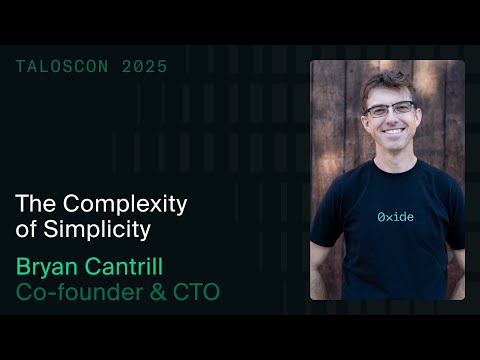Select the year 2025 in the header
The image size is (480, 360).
145,67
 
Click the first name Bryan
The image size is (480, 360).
48,267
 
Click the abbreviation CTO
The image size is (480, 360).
196,293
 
